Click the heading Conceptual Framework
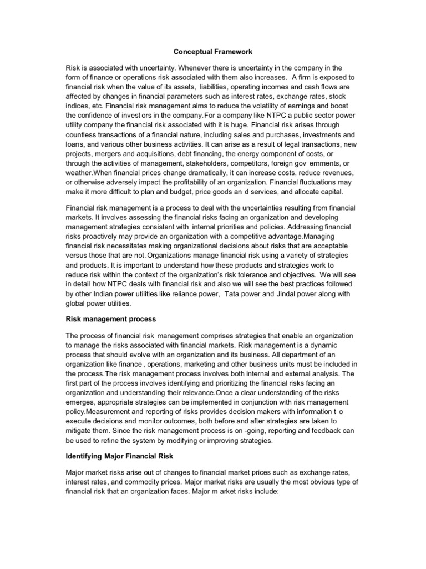tap(213, 52)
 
